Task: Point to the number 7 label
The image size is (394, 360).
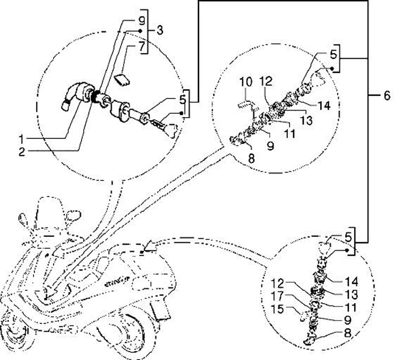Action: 141,47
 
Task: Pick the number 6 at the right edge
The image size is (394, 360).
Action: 387,96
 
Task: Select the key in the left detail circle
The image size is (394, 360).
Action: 166,125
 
